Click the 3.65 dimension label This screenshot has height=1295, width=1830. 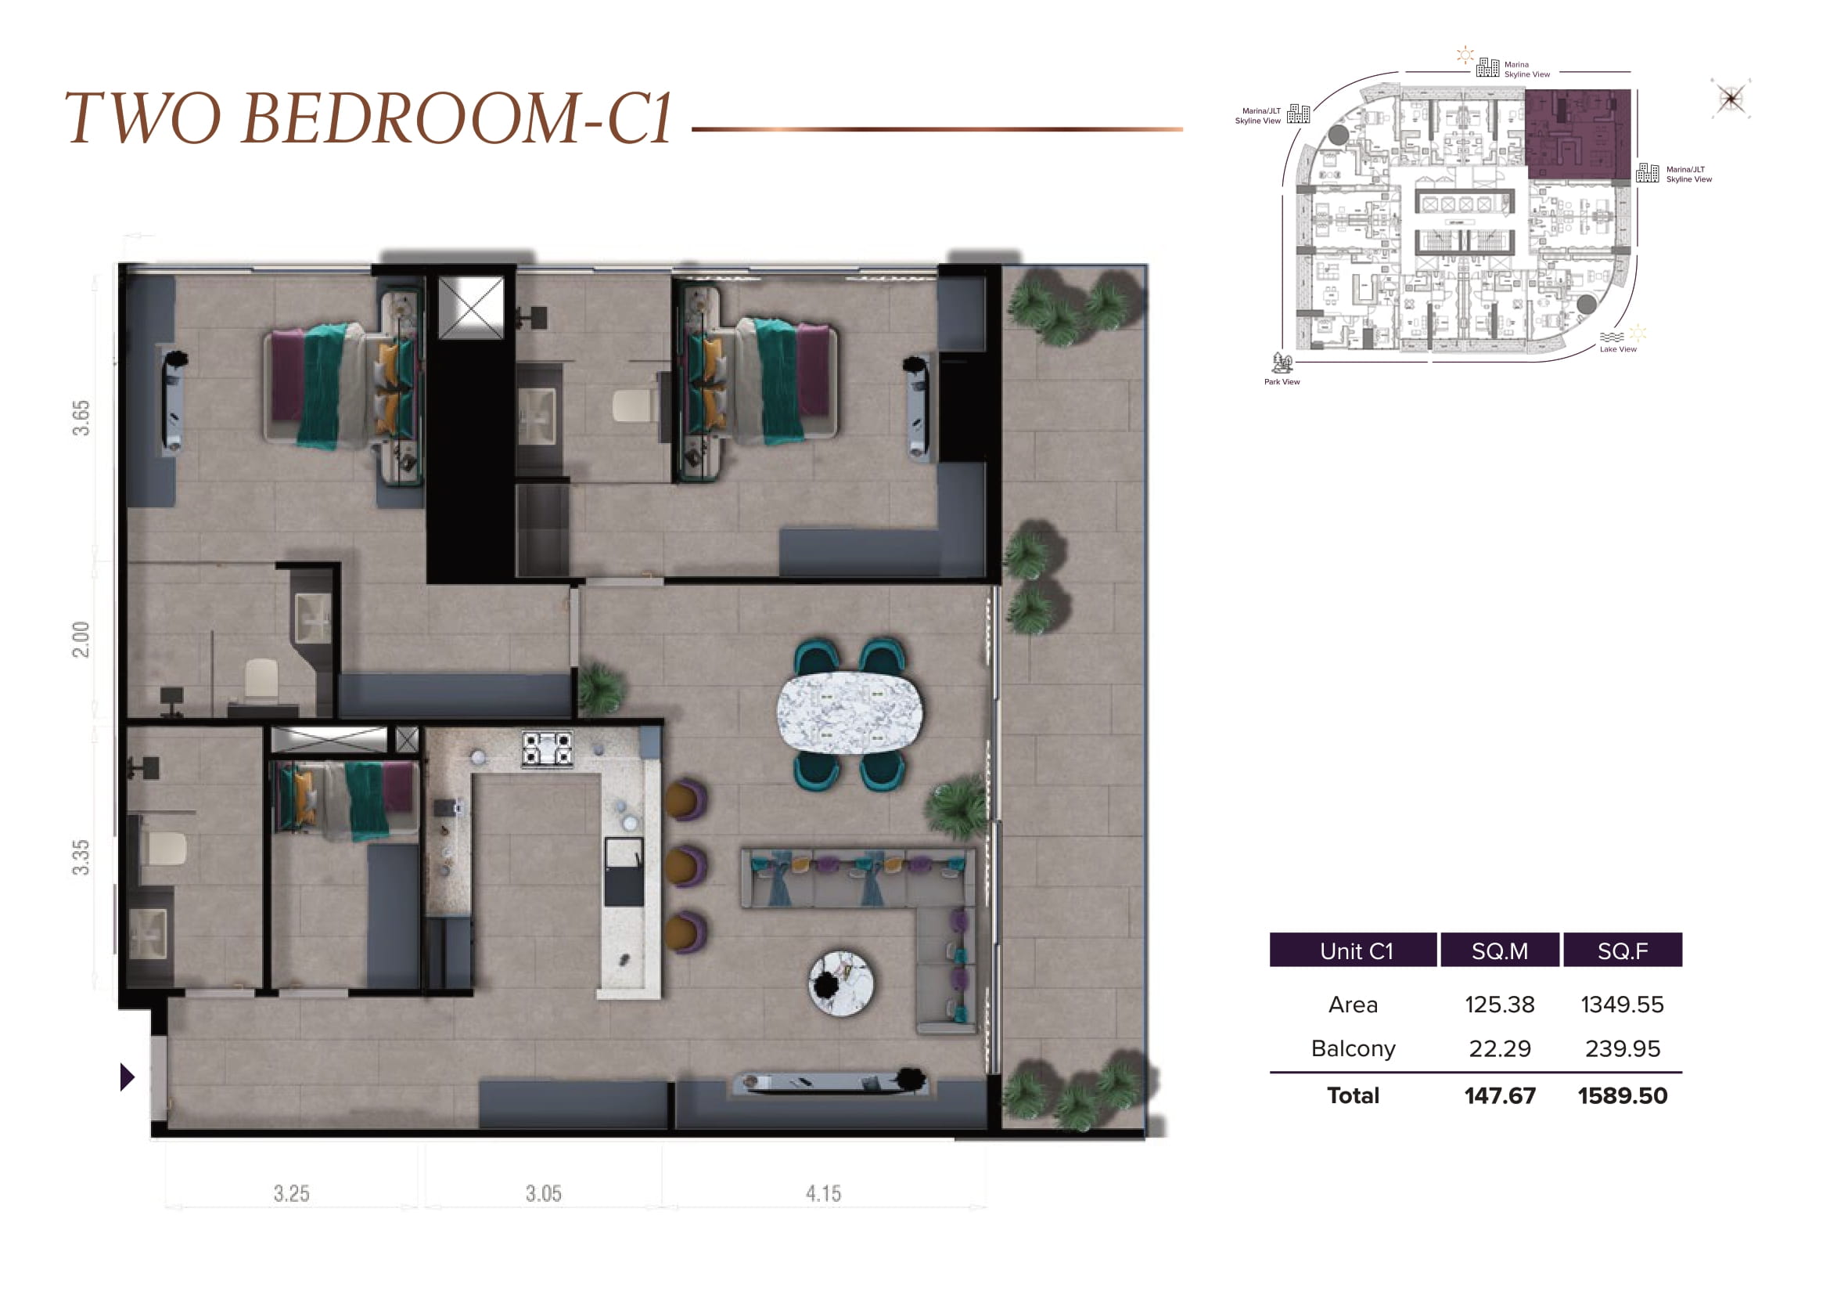pyautogui.click(x=81, y=418)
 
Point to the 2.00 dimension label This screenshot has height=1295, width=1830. pyautogui.click(x=81, y=640)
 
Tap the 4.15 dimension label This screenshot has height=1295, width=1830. pyautogui.click(x=823, y=1194)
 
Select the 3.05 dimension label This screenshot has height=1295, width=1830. pyautogui.click(x=544, y=1194)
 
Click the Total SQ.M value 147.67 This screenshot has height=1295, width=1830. pyautogui.click(x=1499, y=1095)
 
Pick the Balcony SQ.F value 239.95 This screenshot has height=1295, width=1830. pyautogui.click(x=1622, y=1048)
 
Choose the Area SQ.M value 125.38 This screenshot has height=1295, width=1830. pyautogui.click(x=1499, y=1005)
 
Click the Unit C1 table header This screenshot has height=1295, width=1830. pyautogui.click(x=1356, y=951)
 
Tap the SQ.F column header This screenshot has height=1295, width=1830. pyautogui.click(x=1623, y=951)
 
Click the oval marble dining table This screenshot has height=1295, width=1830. pyautogui.click(x=850, y=713)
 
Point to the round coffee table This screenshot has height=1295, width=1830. pyautogui.click(x=841, y=983)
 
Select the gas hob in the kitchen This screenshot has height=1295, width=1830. pyautogui.click(x=547, y=749)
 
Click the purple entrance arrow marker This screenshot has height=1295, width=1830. pyautogui.click(x=127, y=1077)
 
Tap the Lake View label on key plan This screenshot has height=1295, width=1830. pyautogui.click(x=1618, y=349)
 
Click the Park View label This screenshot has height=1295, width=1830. pyautogui.click(x=1282, y=382)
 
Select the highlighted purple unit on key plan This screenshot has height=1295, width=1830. pyautogui.click(x=1577, y=133)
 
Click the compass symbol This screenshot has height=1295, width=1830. pyautogui.click(x=1731, y=99)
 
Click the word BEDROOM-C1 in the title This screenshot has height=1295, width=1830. pyautogui.click(x=456, y=119)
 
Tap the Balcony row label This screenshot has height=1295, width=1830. pyautogui.click(x=1353, y=1048)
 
